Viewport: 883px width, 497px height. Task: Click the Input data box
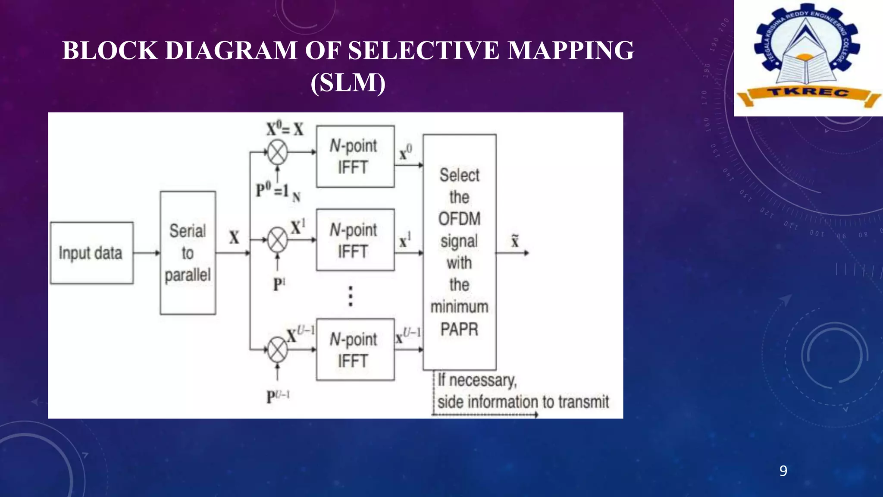[91, 253]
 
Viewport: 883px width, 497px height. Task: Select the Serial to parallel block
[188, 253]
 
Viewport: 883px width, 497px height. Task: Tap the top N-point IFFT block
[355, 156]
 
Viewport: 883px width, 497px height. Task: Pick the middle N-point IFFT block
[355, 240]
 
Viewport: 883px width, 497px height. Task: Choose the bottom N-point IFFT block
[355, 349]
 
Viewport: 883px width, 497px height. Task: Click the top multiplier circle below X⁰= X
[278, 152]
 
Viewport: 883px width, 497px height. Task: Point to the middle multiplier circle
[278, 240]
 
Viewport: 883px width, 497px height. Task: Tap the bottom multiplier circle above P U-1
[278, 349]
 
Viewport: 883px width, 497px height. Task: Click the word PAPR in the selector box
[459, 330]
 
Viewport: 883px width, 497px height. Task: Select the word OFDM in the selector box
[459, 219]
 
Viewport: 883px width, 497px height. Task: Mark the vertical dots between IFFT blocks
[351, 296]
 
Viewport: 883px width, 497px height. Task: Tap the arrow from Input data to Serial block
[147, 253]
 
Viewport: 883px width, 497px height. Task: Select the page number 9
[783, 471]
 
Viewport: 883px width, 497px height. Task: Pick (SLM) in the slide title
[348, 82]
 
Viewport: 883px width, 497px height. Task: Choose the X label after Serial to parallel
[234, 237]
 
